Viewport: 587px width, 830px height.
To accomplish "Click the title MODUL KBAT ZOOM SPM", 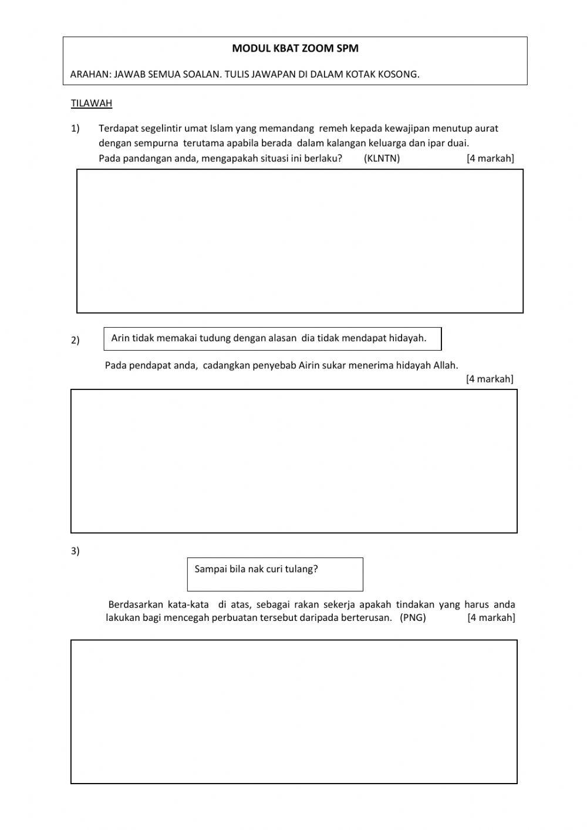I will [x=295, y=49].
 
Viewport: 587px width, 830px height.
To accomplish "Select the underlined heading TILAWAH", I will [x=92, y=103].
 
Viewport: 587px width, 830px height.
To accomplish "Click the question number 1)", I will [x=75, y=129].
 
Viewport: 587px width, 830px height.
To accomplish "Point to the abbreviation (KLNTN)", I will [x=382, y=158].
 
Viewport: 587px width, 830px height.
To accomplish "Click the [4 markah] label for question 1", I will [x=490, y=158].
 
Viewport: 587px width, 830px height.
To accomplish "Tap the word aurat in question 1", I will [x=486, y=129].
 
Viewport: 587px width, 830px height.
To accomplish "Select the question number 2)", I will [x=75, y=341].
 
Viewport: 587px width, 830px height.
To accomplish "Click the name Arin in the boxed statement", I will [x=120, y=338].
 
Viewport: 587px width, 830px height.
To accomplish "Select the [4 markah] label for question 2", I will [x=490, y=379].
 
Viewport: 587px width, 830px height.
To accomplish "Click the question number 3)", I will [x=75, y=551].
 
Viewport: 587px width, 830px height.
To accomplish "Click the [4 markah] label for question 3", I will [x=491, y=618].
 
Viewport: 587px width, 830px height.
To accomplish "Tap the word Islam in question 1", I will [x=221, y=129].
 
